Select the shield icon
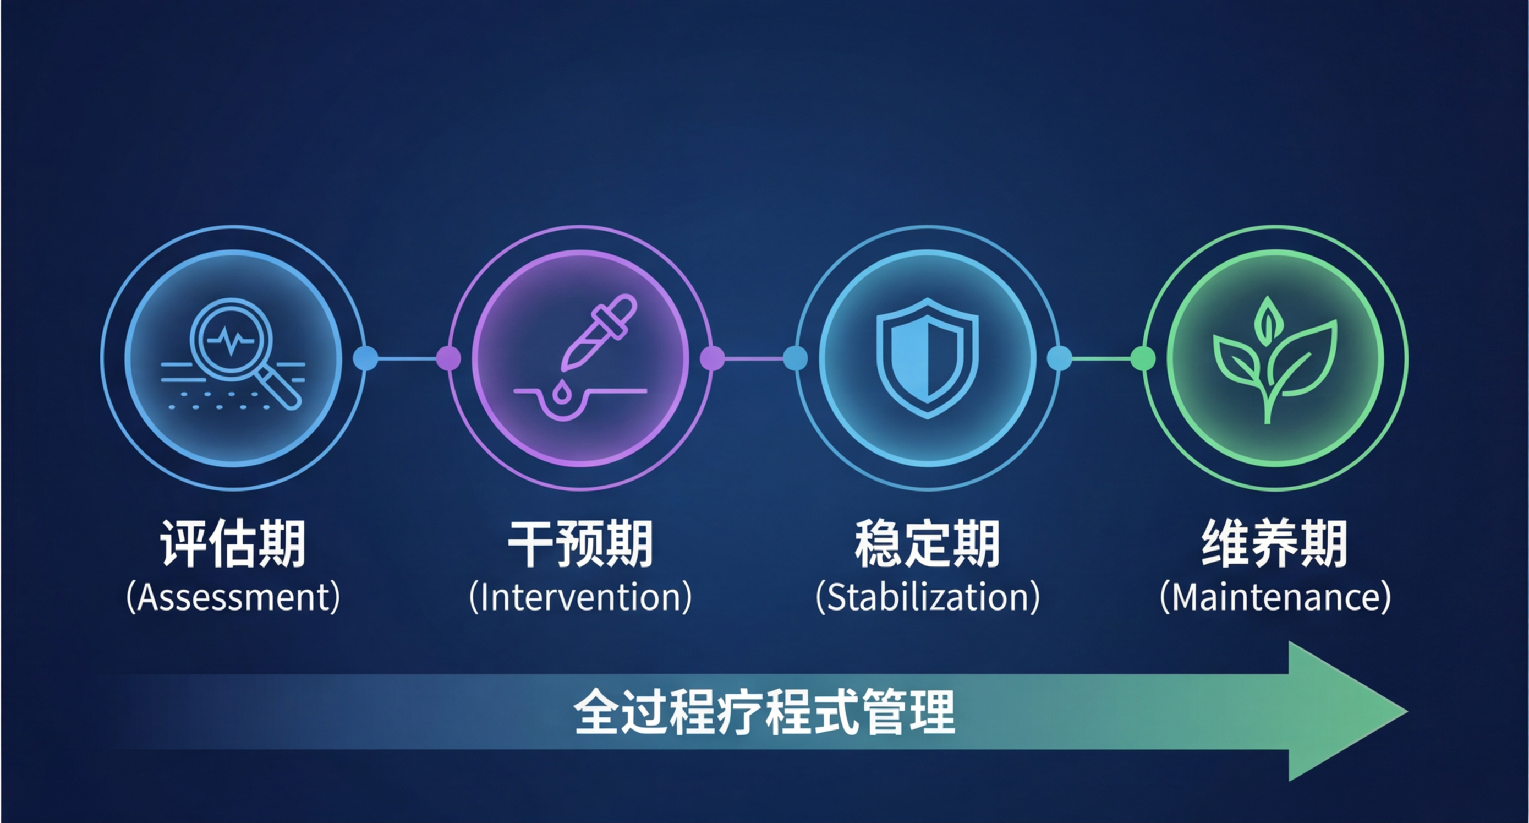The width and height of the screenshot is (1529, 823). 928,358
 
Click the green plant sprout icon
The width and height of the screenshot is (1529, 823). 1274,360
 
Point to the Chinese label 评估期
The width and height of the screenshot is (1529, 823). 233,543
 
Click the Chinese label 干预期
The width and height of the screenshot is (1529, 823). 580,543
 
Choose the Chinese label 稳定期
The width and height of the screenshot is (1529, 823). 927,543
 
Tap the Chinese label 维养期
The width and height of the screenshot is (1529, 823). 1274,543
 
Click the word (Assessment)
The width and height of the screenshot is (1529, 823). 233,597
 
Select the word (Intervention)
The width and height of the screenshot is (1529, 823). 580,597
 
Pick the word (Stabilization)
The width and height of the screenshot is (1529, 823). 928,597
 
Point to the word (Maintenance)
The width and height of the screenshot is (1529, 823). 1275,597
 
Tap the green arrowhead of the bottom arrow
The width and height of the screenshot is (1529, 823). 1341,711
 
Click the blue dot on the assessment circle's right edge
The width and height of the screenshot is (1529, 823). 366,358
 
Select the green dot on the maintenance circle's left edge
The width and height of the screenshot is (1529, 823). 1143,358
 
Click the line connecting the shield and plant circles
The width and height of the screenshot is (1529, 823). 1101,358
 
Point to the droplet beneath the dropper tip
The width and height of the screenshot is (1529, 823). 560,393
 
